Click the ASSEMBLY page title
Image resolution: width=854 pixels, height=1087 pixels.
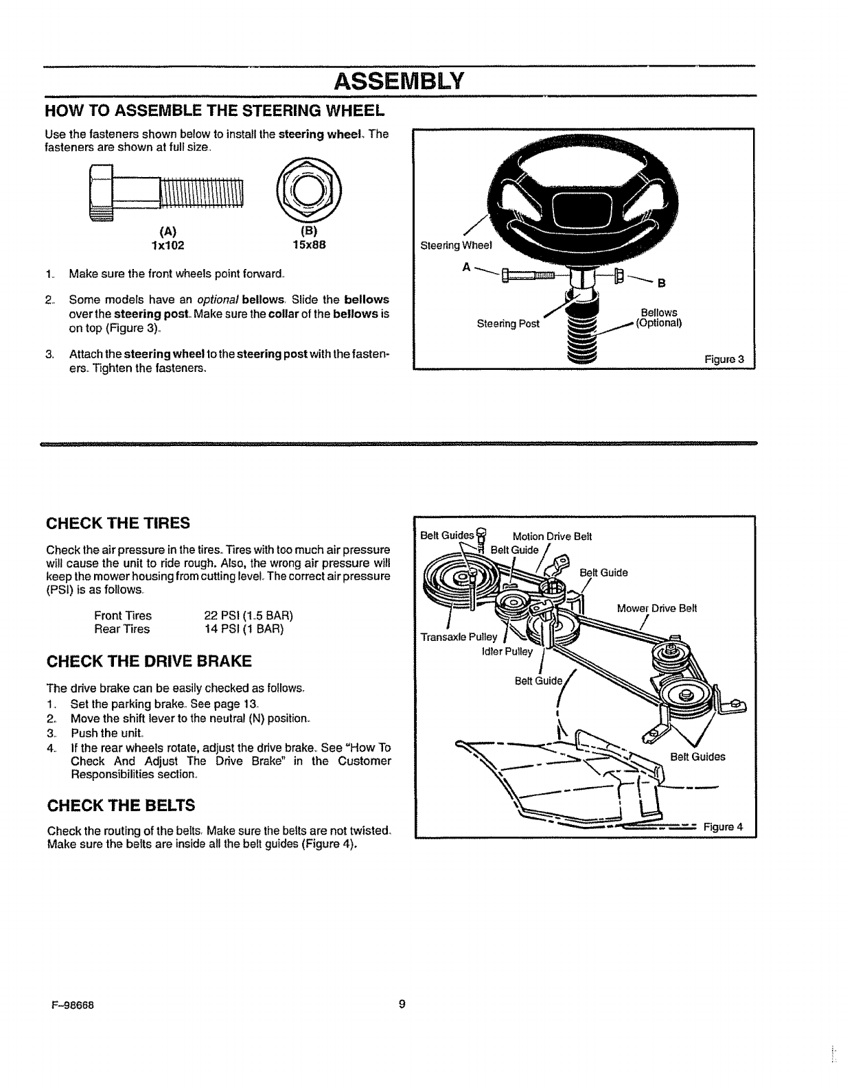tap(400, 82)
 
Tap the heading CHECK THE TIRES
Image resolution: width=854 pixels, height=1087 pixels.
tap(118, 524)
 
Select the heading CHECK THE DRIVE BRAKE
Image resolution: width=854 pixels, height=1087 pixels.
tap(148, 662)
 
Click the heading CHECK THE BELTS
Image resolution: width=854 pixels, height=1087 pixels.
tap(120, 805)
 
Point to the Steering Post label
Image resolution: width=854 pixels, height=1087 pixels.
tap(509, 323)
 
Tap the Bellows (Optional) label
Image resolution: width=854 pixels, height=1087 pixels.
tap(658, 318)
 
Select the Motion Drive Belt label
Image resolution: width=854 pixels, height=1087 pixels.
tap(552, 536)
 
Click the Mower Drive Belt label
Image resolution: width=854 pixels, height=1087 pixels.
tap(657, 608)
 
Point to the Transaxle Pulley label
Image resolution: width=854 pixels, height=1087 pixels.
tap(459, 637)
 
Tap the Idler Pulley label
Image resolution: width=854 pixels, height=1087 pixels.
tap(507, 652)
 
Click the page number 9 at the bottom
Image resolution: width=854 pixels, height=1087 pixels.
tap(402, 1004)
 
